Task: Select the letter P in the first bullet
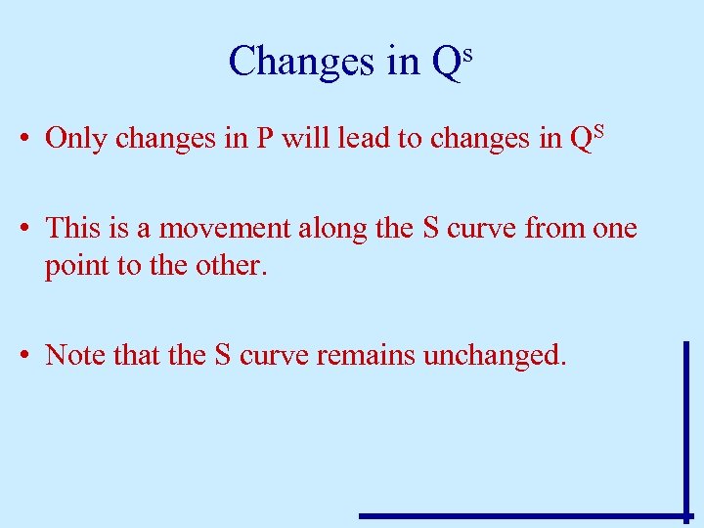[x=264, y=138]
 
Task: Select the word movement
[x=228, y=229]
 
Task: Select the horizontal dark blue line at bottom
[x=523, y=515]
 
